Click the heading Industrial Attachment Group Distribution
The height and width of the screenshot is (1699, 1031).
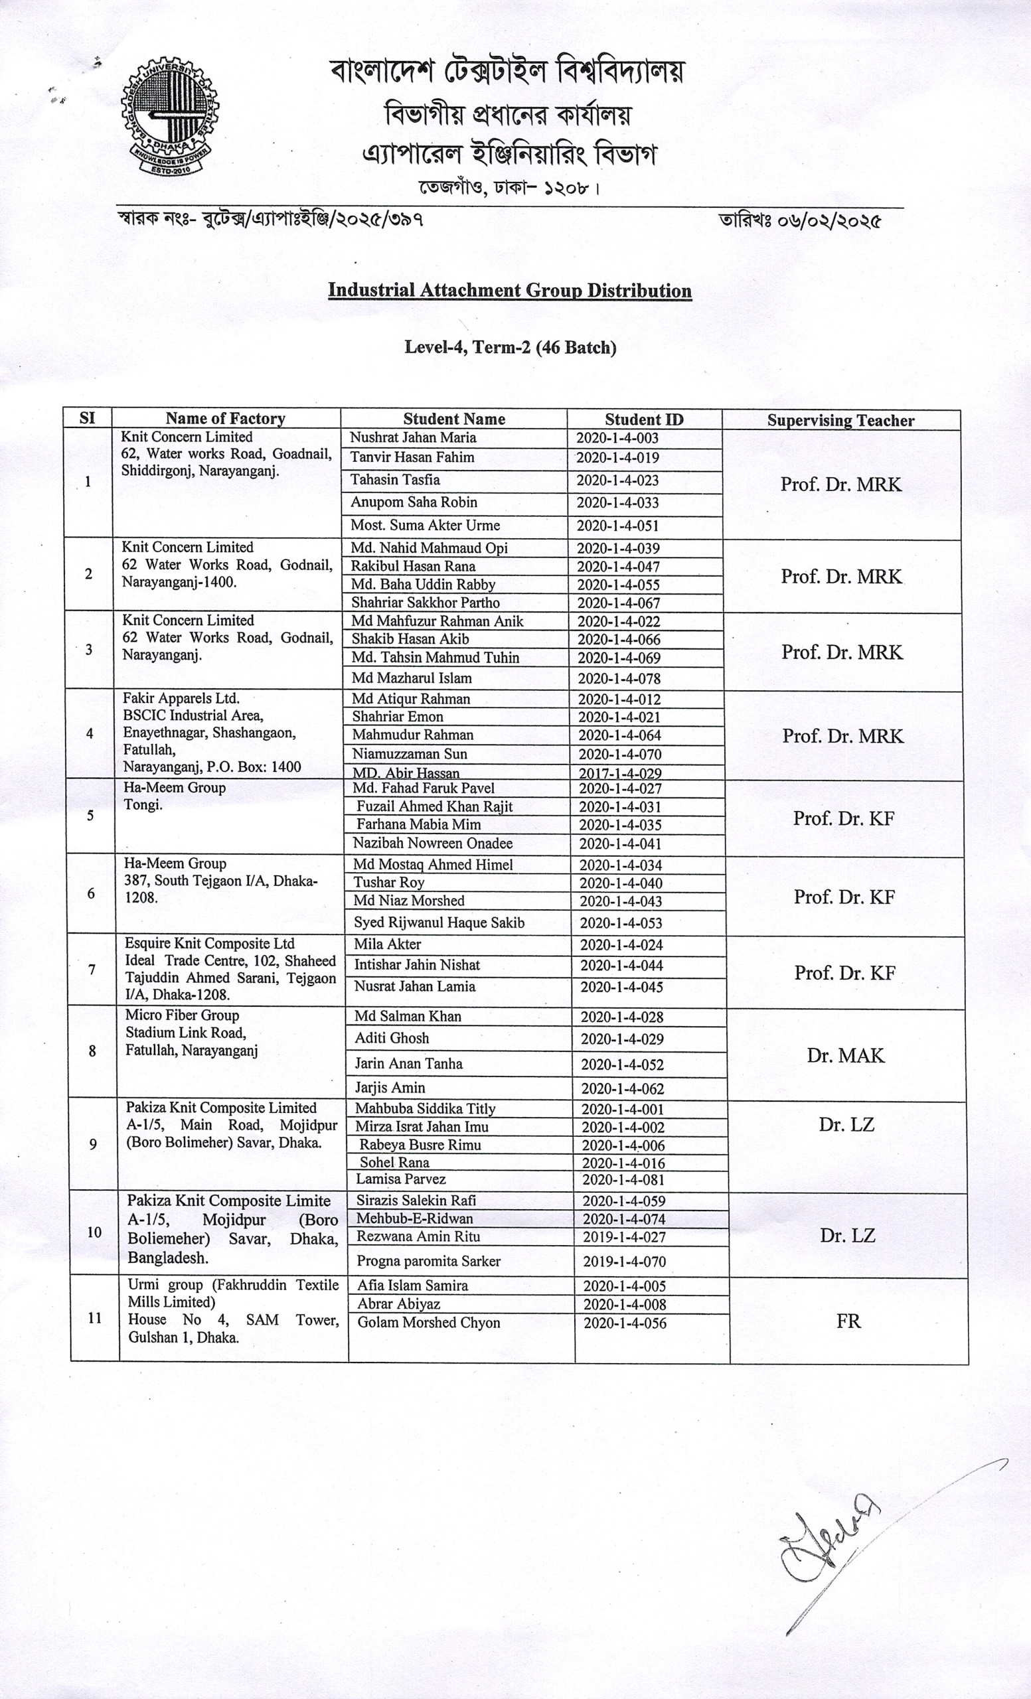[x=510, y=289]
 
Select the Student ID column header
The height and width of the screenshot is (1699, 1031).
[x=643, y=419]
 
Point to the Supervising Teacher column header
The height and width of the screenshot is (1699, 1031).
[x=840, y=421]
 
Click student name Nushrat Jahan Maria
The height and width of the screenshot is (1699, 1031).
[x=412, y=438]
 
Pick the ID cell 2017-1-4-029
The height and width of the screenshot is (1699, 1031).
[x=619, y=774]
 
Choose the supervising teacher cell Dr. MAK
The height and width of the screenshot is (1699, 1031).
[x=846, y=1055]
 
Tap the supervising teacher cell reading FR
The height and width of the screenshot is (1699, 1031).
[x=848, y=1321]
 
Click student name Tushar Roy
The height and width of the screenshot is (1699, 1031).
[x=389, y=883]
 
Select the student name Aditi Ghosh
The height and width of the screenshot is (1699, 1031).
[x=392, y=1038]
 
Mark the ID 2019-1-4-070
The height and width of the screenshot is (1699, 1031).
[x=624, y=1261]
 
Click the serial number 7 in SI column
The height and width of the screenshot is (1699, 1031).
[x=92, y=970]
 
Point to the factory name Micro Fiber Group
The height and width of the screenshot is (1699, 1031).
[x=182, y=1015]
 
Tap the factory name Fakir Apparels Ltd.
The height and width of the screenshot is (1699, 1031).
[x=181, y=698]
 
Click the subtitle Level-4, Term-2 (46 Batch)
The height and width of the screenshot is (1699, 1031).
[x=511, y=347]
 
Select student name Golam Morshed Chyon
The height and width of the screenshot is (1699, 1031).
[x=428, y=1323]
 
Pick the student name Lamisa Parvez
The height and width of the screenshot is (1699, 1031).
[x=401, y=1179]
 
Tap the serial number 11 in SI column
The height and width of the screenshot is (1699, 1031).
[x=94, y=1318]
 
